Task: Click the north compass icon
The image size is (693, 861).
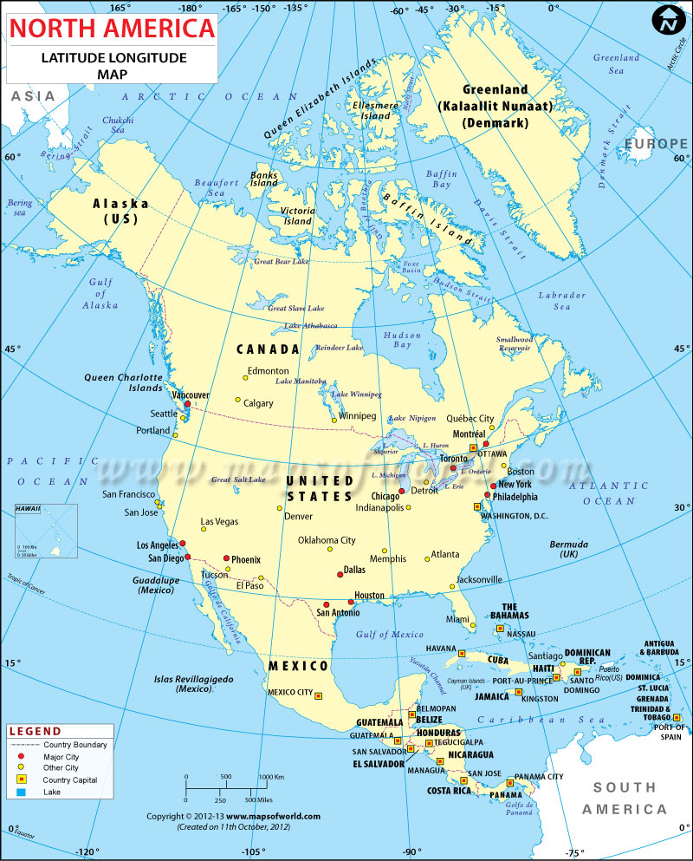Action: [x=668, y=20]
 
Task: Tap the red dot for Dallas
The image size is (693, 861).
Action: [x=340, y=573]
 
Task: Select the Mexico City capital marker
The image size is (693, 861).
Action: [x=318, y=695]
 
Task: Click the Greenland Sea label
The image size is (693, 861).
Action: [x=616, y=63]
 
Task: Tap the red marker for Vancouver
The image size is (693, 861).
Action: [x=187, y=404]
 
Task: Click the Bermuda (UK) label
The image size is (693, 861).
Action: [x=568, y=549]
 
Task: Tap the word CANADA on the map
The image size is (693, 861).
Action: [x=269, y=349]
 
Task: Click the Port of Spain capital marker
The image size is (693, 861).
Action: [x=677, y=717]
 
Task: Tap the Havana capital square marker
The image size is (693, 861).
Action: [x=462, y=653]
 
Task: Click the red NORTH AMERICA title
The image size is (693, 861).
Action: [x=111, y=29]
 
